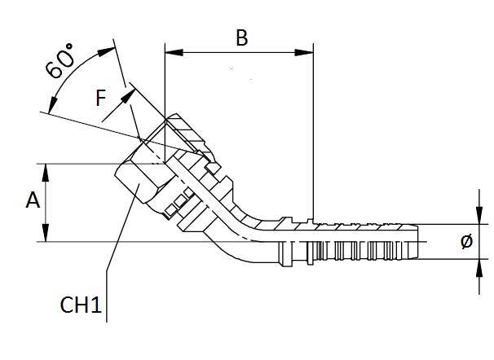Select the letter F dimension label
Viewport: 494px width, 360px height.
(100, 99)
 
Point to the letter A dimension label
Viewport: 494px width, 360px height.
(33, 201)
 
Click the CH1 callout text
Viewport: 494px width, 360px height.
(82, 306)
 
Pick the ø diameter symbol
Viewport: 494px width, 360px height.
(465, 242)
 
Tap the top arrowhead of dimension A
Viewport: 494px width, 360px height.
(46, 169)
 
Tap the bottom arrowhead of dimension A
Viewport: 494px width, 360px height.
(46, 236)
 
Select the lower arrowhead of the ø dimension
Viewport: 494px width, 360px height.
(478, 265)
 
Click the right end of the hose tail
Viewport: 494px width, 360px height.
(417, 241)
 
